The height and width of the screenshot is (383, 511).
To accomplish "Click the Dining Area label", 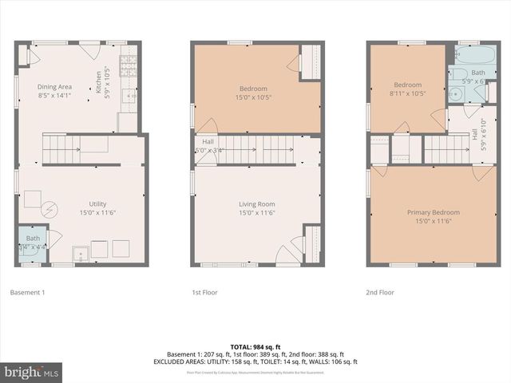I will [x=55, y=87].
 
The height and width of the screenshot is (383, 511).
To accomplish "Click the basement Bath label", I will [x=33, y=238].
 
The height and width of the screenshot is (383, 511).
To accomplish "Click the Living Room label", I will [x=256, y=204].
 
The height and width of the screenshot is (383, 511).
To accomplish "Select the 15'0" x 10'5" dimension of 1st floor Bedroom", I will [x=254, y=97].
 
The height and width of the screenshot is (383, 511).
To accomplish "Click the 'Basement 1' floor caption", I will [x=27, y=293].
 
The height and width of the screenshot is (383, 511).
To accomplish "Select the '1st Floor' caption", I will [x=205, y=293].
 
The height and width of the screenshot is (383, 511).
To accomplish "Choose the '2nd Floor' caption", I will [x=381, y=293].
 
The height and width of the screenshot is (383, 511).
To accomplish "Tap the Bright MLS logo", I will [x=33, y=372].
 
